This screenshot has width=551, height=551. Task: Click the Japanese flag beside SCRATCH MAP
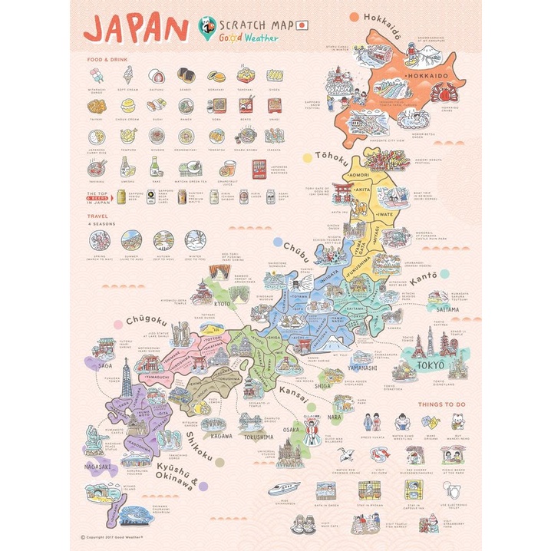(302, 25)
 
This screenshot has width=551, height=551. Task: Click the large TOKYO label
(427, 365)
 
